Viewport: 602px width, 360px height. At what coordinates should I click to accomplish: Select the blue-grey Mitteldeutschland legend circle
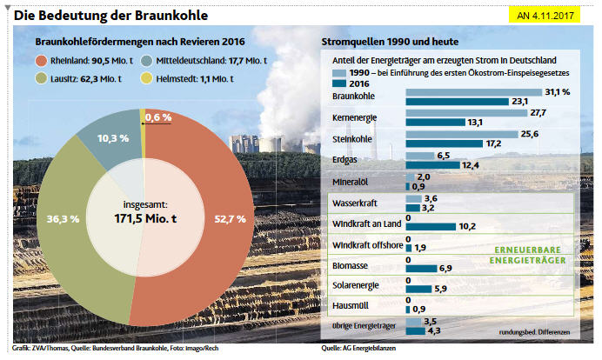coord(144,61)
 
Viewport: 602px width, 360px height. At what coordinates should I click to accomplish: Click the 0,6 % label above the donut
coord(158,117)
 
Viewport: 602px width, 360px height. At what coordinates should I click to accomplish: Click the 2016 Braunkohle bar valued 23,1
coord(456,101)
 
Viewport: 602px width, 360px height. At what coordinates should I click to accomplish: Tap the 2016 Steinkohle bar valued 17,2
coord(444,143)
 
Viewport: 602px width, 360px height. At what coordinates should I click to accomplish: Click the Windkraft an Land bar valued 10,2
coord(430,226)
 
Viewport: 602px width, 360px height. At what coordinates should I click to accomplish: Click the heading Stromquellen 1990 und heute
coord(391,42)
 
